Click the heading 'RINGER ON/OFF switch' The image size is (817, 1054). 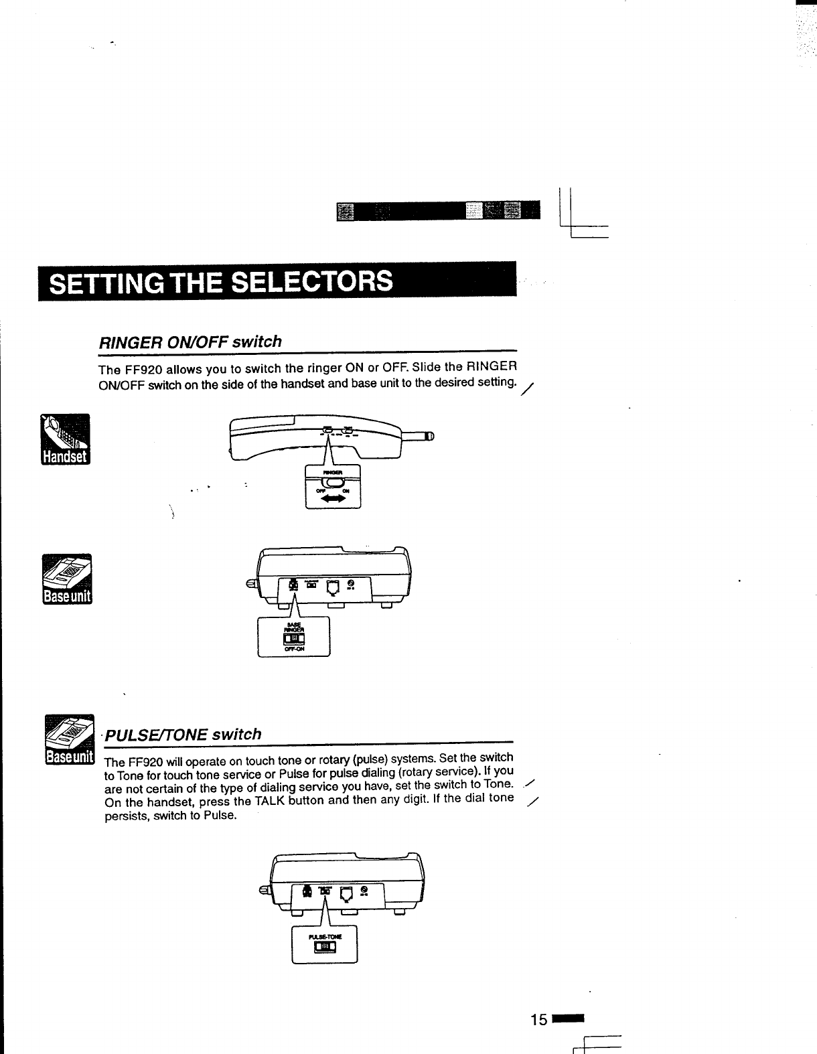[x=190, y=342]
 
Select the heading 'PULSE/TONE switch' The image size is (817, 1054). [x=183, y=735]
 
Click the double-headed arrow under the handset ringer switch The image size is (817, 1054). [x=333, y=500]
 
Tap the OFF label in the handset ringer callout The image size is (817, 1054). [x=321, y=491]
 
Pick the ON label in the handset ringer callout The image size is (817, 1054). [x=346, y=491]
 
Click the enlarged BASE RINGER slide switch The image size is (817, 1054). [x=294, y=639]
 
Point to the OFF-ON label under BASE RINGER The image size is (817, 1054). [x=294, y=649]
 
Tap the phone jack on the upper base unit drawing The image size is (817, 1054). [x=333, y=587]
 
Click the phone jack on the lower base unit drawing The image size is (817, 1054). [x=347, y=893]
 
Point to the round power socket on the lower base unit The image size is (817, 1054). [x=364, y=889]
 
